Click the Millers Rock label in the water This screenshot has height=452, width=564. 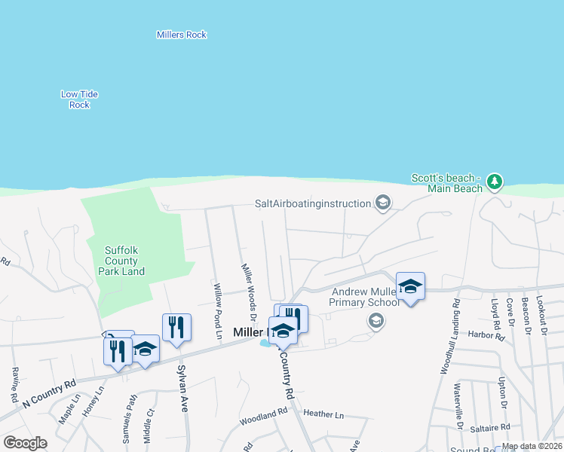[181, 35]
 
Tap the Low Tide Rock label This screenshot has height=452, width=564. [79, 99]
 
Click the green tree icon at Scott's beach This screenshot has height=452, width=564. [495, 182]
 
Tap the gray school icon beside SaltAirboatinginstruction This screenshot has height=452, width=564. [383, 203]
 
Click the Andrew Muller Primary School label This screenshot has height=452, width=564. [364, 298]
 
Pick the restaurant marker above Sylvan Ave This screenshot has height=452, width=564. [176, 328]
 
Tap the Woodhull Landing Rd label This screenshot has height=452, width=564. [449, 336]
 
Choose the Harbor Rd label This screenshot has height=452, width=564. [486, 334]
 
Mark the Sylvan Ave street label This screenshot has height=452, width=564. [182, 389]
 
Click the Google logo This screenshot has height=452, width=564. [25, 443]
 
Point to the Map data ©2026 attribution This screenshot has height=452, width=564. [532, 446]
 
